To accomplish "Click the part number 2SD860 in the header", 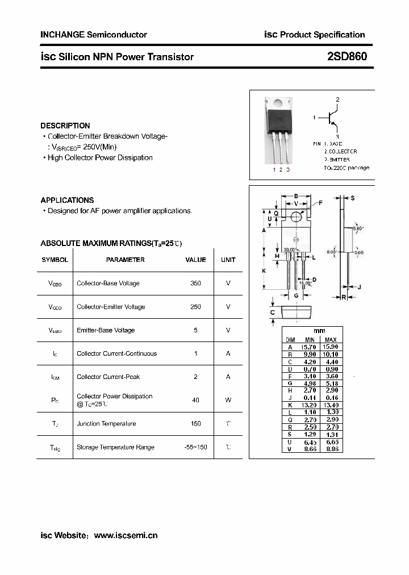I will pos(347,57).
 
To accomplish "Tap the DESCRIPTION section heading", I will pos(65,126).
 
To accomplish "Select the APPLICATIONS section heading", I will pos(67,200).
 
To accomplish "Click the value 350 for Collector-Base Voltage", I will pos(196,283).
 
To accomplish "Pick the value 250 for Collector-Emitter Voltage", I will pos(196,307).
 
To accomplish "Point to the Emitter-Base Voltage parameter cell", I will pos(106,330).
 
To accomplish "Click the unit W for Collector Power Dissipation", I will pos(228,400).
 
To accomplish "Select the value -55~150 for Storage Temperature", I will pos(196,447).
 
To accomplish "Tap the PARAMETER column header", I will pos(126,260).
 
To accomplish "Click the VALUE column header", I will pos(196,260).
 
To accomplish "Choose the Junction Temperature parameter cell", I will pos(106,424).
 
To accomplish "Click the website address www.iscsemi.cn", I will pos(126,535).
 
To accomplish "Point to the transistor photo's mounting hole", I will pos(278,103).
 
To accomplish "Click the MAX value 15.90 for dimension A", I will pos(330,347).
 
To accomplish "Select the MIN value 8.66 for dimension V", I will pos(310,449).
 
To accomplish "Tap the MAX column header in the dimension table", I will pos(330,340).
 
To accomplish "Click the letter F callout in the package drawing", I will pos(320,203).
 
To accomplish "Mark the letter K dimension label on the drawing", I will pos(264,271).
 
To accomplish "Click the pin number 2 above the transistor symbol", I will pos(337,100).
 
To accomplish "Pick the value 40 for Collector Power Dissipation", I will pos(196,400).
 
